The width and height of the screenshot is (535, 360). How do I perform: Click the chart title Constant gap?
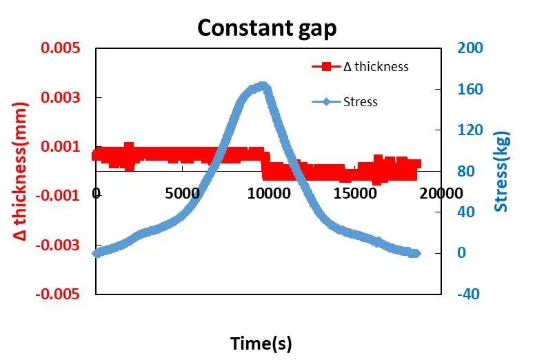coord(267,28)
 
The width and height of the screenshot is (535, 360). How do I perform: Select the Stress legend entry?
coord(360,102)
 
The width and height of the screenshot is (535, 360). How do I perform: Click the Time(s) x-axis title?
coord(261,343)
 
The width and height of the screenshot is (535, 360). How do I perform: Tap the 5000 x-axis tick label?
coord(183,194)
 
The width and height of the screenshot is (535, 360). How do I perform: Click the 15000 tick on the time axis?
coord(356,194)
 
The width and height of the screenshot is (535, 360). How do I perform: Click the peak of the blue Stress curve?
coord(262,86)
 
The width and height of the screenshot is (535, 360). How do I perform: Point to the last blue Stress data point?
coord(416,253)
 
